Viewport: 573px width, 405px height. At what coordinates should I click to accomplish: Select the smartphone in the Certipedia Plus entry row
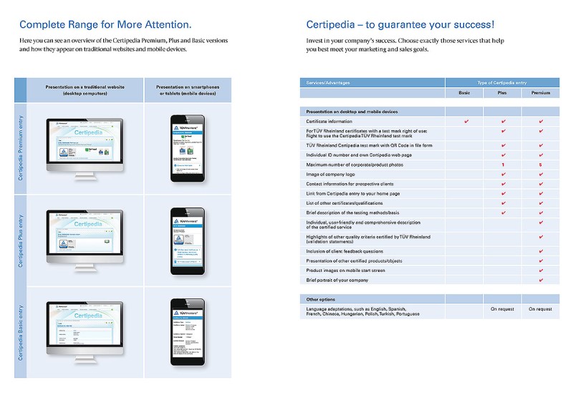click(186, 240)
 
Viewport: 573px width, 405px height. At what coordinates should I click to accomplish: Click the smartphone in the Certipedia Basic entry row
click(186, 331)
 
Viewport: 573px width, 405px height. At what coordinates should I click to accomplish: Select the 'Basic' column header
click(464, 93)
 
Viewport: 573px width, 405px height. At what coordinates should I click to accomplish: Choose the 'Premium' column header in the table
click(540, 93)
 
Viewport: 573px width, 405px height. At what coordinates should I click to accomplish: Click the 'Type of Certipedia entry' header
click(502, 83)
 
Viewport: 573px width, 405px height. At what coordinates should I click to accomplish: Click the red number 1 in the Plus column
click(503, 165)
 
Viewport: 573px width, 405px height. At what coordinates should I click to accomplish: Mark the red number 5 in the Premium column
click(540, 165)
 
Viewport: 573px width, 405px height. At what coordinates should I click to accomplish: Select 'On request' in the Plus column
click(502, 309)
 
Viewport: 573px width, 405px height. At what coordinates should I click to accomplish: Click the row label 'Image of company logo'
click(330, 175)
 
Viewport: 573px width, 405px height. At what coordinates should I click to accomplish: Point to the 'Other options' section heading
click(321, 299)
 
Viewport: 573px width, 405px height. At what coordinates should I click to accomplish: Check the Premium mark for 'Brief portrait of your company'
click(540, 280)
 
